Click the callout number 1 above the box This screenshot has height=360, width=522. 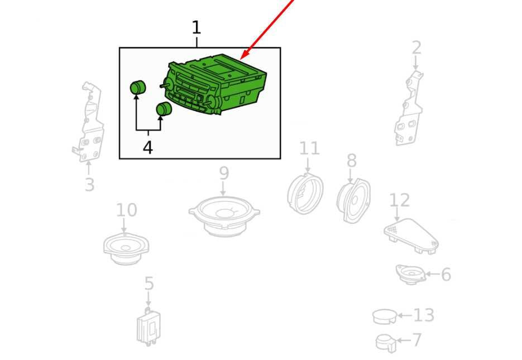[x=197, y=27]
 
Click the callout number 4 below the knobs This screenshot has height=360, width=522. [x=148, y=147]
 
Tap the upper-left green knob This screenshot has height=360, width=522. [x=137, y=87]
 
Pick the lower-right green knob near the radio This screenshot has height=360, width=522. [x=164, y=109]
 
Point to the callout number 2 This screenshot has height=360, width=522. [x=416, y=48]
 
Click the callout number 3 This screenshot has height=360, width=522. [x=89, y=185]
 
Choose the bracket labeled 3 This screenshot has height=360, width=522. [x=89, y=122]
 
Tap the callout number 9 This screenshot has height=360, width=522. [x=224, y=173]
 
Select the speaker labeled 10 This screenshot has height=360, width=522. [x=126, y=248]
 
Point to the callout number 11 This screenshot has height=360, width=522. [x=309, y=148]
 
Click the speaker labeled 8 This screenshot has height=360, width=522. [x=353, y=200]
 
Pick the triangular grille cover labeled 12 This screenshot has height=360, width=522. [x=411, y=236]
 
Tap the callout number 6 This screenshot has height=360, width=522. [x=446, y=275]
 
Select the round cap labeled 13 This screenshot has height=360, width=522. [x=385, y=316]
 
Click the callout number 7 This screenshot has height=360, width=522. [x=417, y=340]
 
